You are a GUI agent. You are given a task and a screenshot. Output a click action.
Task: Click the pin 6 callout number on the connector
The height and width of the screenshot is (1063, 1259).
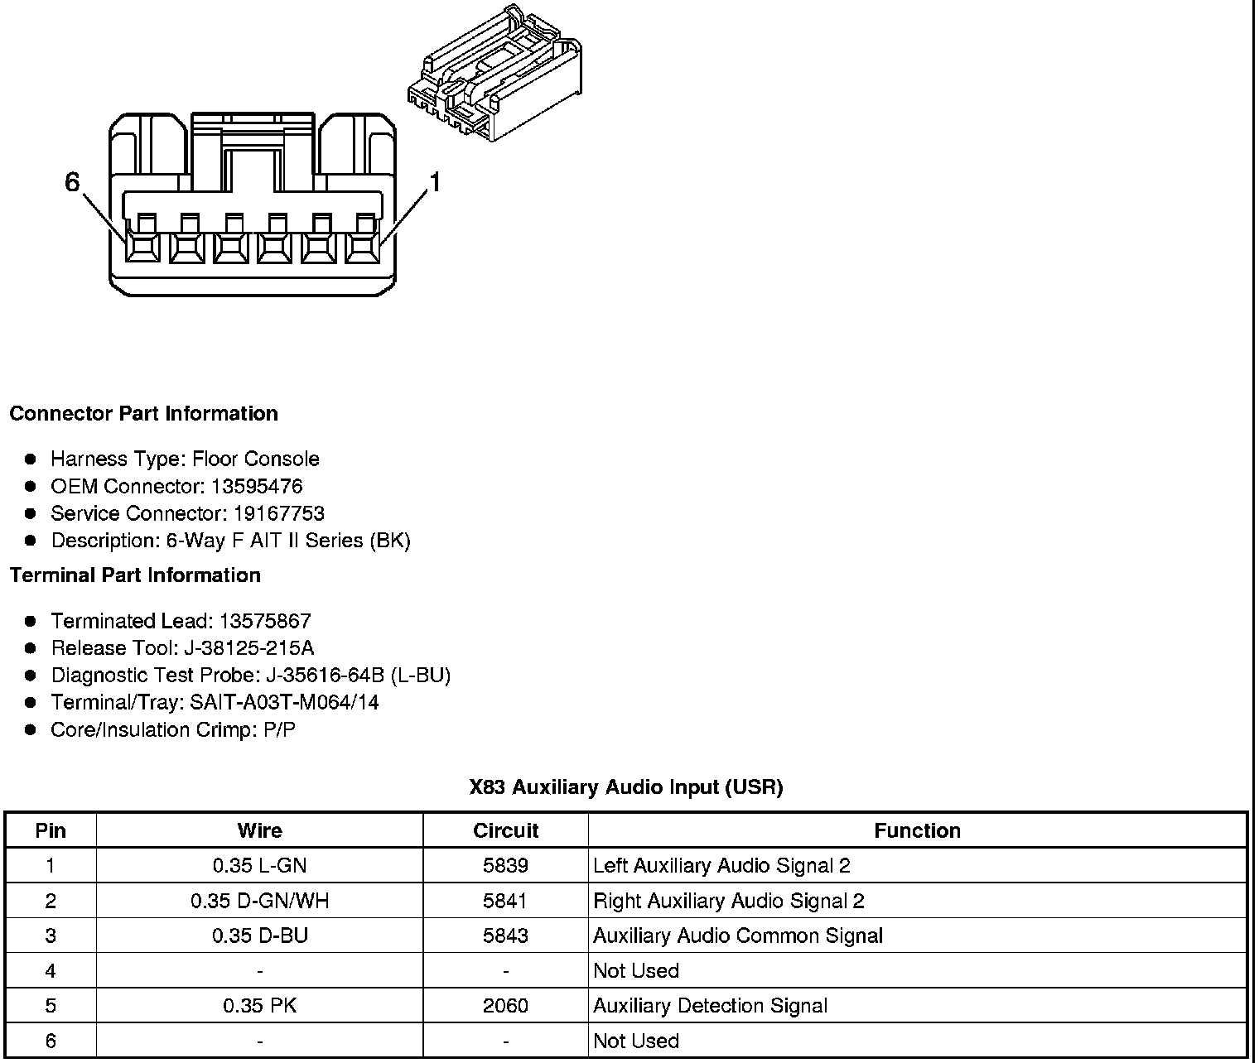72,182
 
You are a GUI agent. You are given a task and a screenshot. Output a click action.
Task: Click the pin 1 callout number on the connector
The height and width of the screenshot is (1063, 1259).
433,182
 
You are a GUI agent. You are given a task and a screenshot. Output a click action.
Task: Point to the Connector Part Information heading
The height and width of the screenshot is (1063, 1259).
143,413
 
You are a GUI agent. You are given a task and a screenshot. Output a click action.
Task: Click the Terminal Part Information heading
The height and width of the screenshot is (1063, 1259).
135,575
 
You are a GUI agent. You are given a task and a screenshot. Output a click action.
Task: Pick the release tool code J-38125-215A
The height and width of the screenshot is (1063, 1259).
248,647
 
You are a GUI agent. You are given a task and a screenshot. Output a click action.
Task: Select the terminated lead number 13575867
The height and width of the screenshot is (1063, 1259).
265,621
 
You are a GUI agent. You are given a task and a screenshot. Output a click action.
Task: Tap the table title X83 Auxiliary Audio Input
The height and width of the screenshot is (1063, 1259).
625,786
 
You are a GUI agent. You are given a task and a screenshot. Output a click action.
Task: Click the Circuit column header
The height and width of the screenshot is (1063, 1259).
505,830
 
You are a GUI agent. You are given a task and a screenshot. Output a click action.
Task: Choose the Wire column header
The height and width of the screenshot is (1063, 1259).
259,830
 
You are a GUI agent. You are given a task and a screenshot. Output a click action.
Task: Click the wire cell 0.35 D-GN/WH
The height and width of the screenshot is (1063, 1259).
259,901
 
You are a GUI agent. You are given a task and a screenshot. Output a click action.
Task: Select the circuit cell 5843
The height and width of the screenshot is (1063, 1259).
505,936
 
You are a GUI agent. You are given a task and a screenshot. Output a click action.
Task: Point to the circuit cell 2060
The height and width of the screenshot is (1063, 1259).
505,1006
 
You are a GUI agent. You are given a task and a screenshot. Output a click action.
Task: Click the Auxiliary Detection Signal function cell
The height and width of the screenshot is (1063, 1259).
710,1006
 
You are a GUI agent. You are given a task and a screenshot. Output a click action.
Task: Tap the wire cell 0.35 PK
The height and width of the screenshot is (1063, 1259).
259,1006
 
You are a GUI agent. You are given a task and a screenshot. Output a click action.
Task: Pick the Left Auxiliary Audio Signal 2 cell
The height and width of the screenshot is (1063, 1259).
721,866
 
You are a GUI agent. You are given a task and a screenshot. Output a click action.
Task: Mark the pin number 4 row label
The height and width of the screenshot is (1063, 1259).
51,970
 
